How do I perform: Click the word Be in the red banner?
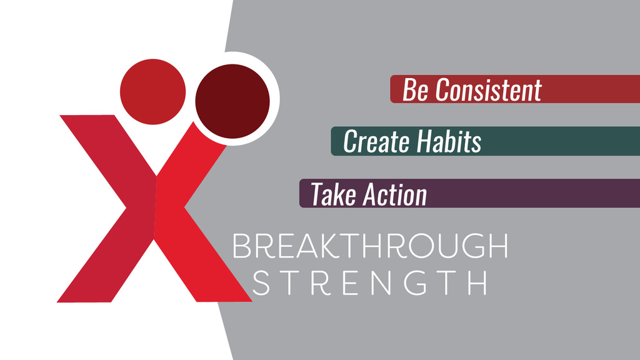[416, 90]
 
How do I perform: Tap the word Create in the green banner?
[376, 142]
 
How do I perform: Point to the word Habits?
[449, 141]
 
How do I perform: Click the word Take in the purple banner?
[334, 194]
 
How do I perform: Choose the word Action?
[395, 194]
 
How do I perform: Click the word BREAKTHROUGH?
[370, 246]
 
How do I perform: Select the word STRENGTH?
[370, 282]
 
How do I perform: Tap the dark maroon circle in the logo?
[232, 101]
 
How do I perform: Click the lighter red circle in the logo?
[152, 91]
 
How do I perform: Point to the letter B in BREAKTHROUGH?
[241, 246]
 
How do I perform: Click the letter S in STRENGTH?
[261, 282]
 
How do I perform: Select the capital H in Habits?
[425, 142]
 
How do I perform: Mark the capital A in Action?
[371, 194]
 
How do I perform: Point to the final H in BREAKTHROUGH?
[498, 246]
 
